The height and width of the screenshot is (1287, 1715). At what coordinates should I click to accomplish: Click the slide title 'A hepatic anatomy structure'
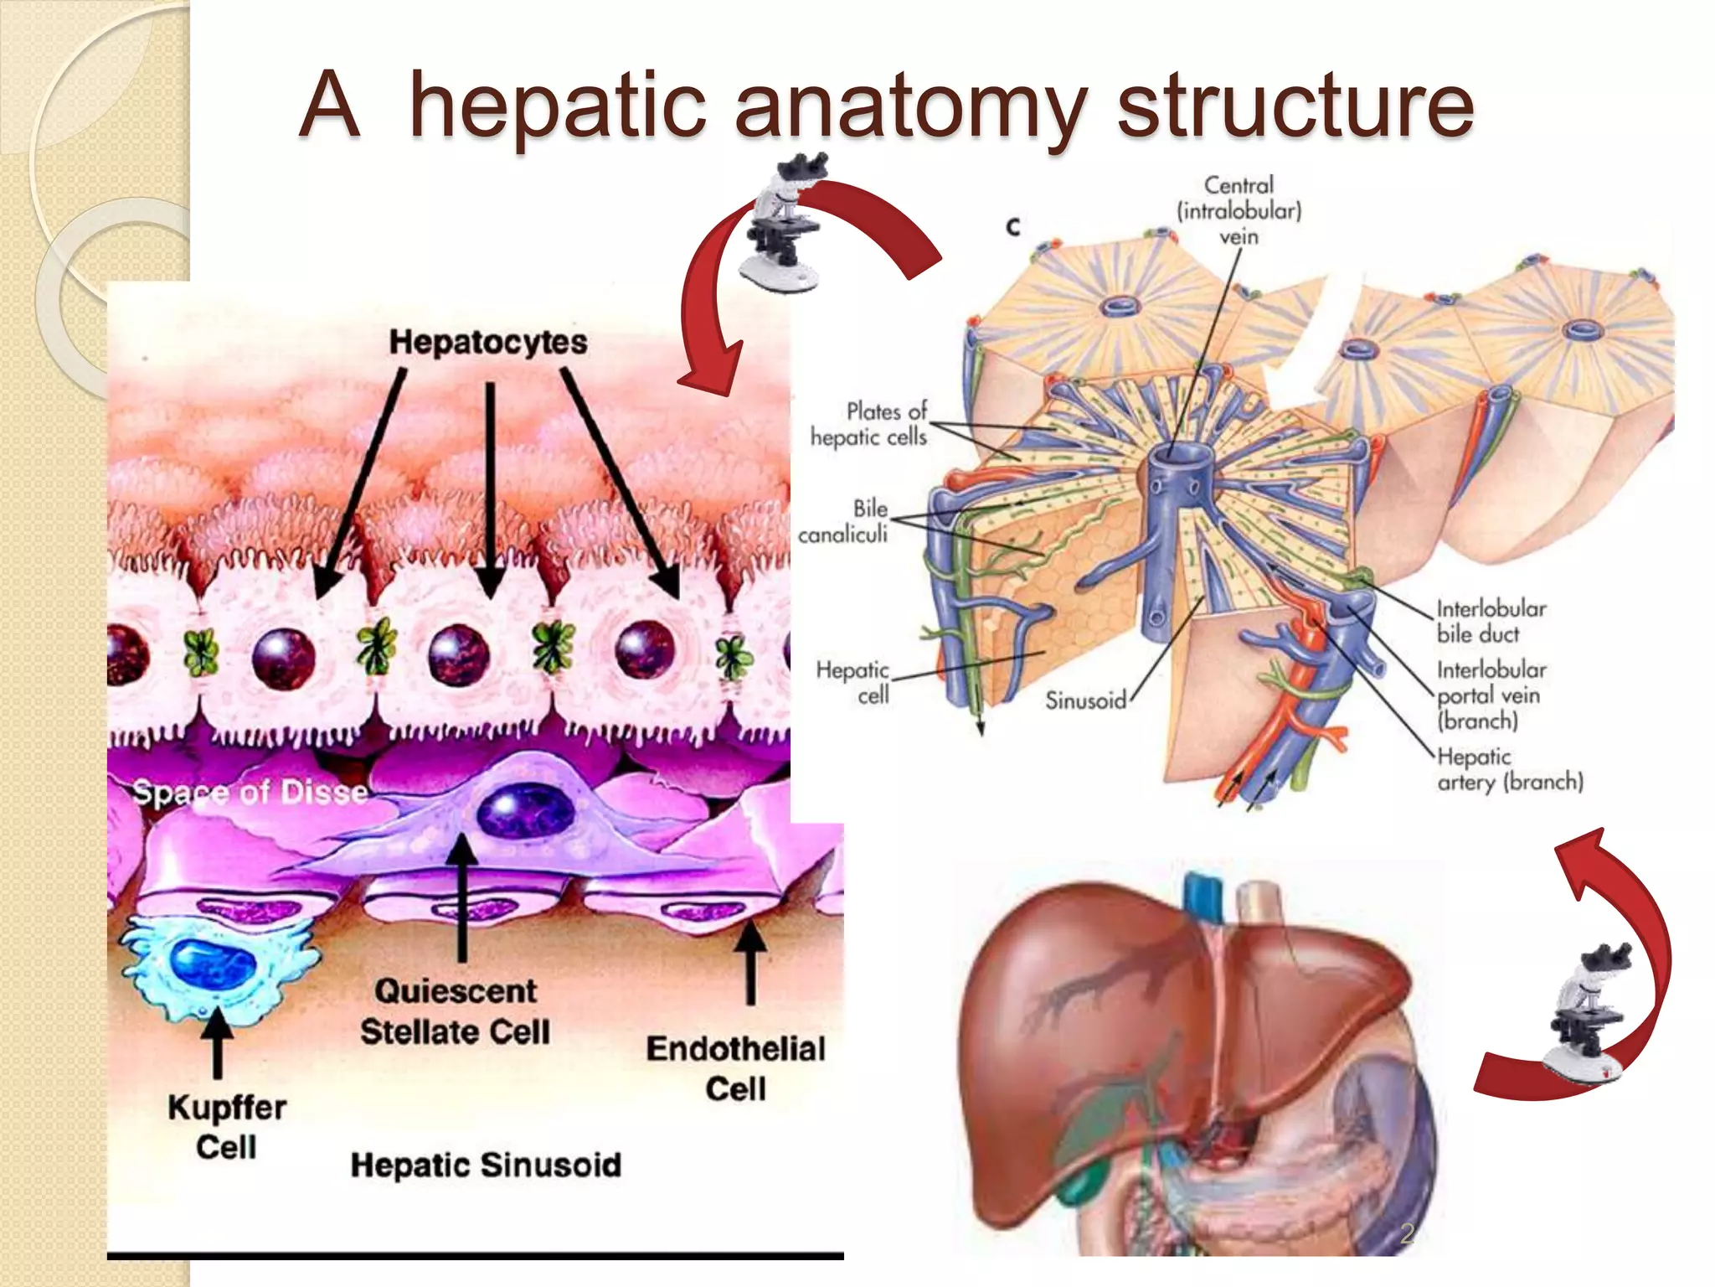pos(886,106)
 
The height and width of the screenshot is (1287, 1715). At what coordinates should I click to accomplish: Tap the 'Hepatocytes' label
pos(488,342)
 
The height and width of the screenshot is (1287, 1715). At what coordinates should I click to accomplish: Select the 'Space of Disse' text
pos(250,792)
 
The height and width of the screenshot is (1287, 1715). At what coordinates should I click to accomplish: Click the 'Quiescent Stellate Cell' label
pos(456,1011)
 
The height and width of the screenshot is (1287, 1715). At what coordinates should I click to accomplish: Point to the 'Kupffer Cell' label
pos(226,1127)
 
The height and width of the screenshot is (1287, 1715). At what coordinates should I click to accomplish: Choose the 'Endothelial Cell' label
pos(735,1068)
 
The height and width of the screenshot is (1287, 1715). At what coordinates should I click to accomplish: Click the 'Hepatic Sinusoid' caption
pos(486,1165)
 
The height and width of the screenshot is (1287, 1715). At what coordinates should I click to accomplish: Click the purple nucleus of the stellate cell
pos(525,810)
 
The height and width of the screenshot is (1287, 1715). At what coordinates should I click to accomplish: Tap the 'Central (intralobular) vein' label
pos(1239,210)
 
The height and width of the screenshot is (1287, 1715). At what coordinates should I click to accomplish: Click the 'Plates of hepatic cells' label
pos(870,424)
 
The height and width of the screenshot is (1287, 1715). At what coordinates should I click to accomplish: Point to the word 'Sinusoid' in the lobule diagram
pos(1085,700)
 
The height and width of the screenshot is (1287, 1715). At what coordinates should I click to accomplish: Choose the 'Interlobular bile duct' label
pos(1491,621)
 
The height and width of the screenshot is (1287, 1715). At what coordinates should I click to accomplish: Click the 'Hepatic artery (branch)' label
pos(1509,769)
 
